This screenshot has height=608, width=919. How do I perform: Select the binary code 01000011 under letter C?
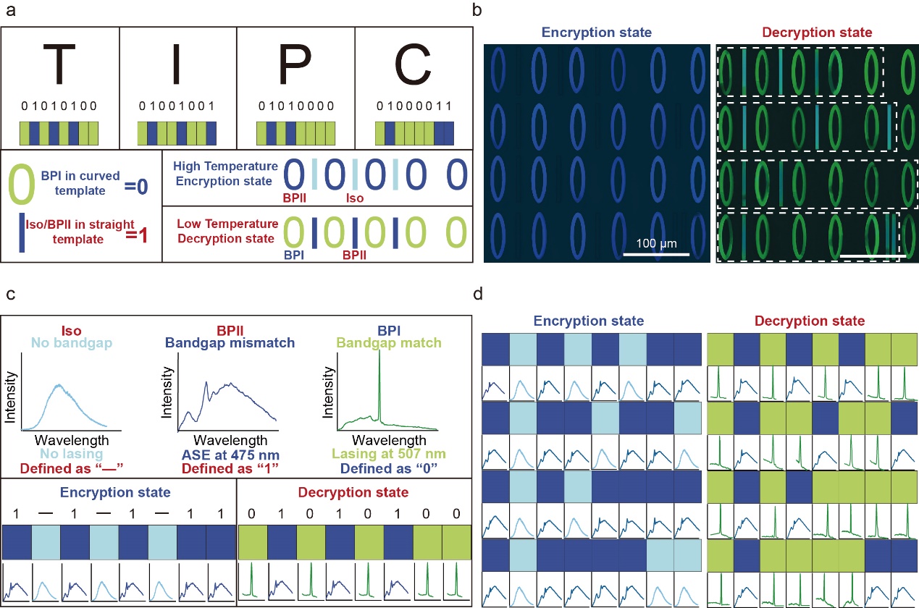click(x=414, y=106)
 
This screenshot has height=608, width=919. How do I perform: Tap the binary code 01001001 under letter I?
click(x=177, y=106)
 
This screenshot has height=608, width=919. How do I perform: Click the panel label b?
click(x=477, y=10)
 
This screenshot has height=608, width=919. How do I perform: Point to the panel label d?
click(x=477, y=295)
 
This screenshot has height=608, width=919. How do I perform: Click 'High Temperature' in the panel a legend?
click(x=225, y=166)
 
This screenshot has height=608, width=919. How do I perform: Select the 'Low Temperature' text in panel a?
click(x=225, y=224)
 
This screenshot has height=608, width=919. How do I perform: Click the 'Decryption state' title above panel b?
click(x=817, y=32)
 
